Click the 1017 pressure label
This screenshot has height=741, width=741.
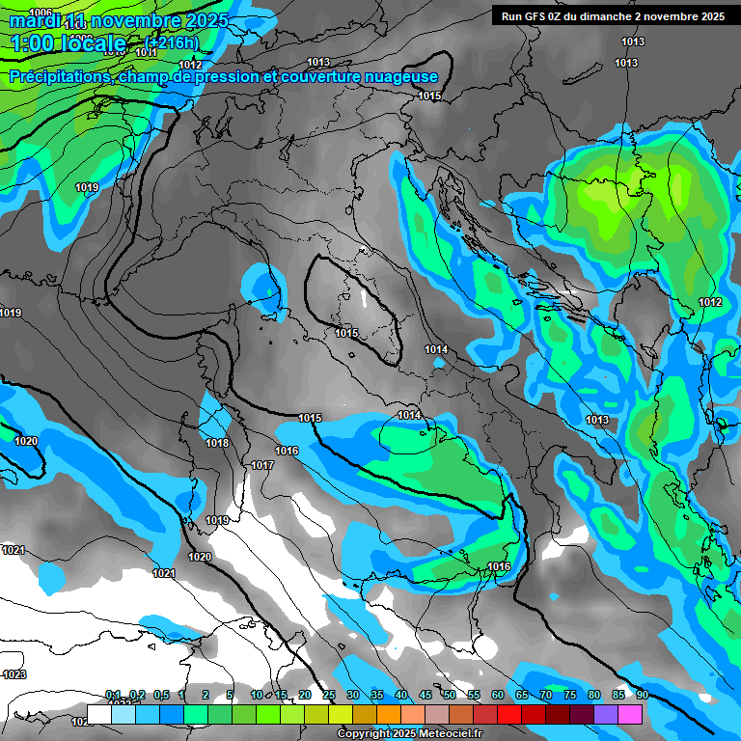(262, 465)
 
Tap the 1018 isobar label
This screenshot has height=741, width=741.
(217, 444)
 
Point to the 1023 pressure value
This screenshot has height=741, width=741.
(14, 674)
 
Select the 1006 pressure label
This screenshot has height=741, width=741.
(41, 13)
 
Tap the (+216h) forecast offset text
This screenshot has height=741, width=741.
(172, 42)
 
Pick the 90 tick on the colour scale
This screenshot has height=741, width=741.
(642, 696)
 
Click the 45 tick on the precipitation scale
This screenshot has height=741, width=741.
(425, 696)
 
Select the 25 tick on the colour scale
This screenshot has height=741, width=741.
(328, 696)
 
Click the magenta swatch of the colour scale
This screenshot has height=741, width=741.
(630, 713)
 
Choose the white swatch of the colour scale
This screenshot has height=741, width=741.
(99, 713)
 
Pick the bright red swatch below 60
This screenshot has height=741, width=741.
(509, 713)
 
